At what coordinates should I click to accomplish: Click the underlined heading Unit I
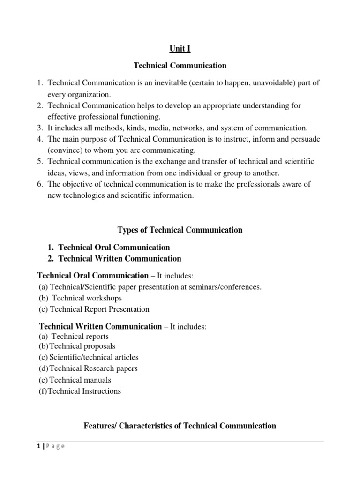180,49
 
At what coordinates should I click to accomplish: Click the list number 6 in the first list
40,184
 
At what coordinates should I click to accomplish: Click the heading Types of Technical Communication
180,230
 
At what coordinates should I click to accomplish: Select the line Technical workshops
87,298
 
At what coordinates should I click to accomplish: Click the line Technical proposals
82,346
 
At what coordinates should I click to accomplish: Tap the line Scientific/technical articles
94,358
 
